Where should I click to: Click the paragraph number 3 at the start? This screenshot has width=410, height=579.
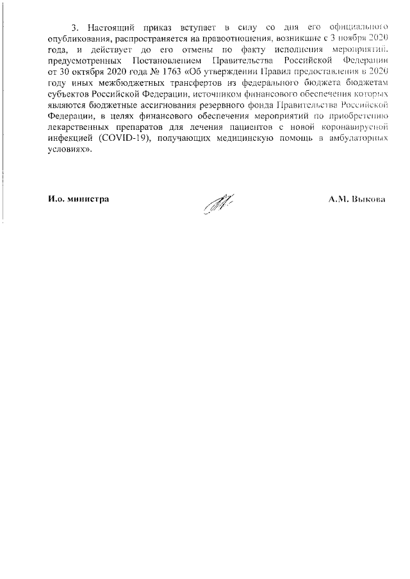(74, 28)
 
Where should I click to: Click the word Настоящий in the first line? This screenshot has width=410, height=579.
(108, 28)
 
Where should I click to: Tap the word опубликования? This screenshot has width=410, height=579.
(79, 39)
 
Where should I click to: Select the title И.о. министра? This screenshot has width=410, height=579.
(78, 199)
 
